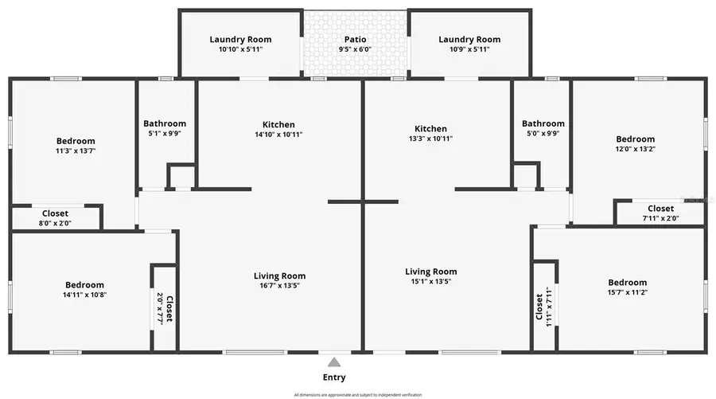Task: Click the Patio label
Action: [x=355, y=39]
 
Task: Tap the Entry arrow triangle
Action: [x=335, y=362]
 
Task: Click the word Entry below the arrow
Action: [x=335, y=377]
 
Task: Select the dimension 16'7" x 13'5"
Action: [x=277, y=286]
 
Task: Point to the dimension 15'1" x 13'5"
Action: [x=430, y=281]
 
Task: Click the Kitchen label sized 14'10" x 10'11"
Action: [x=278, y=124]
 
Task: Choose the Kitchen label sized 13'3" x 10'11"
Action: [x=430, y=128]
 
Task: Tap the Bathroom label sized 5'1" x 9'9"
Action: [x=165, y=123]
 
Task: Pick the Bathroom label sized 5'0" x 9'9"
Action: [x=543, y=123]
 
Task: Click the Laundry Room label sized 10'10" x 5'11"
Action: [x=240, y=39]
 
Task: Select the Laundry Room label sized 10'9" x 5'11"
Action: [x=469, y=39]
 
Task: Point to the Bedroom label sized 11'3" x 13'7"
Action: [x=76, y=141]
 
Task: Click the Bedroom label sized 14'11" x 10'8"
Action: [x=84, y=284]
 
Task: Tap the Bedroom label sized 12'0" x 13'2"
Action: [x=635, y=139]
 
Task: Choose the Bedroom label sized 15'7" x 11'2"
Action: [x=627, y=282]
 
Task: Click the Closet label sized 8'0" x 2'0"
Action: [x=55, y=213]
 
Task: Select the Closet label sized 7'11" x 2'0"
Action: [x=660, y=209]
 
